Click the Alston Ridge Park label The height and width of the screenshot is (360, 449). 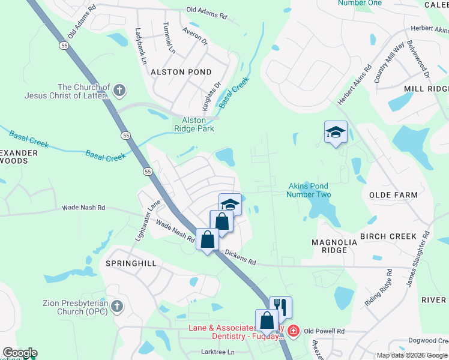click(194, 124)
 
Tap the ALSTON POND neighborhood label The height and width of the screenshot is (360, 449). click(172, 71)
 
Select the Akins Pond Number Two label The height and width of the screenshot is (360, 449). click(309, 190)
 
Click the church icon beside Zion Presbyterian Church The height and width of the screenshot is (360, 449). click(116, 307)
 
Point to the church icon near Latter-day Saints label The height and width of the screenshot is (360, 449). click(119, 91)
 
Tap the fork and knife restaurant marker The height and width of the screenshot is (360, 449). click(280, 308)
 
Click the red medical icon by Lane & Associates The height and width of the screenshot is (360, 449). click(293, 331)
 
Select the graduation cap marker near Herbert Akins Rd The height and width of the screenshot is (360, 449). click(336, 133)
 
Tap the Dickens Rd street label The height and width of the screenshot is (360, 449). click(241, 258)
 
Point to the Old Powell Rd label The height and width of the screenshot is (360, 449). click(324, 331)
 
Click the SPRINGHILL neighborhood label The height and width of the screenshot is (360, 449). click(131, 263)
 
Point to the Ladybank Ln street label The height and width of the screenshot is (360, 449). click(142, 47)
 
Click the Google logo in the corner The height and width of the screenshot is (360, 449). click(19, 353)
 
